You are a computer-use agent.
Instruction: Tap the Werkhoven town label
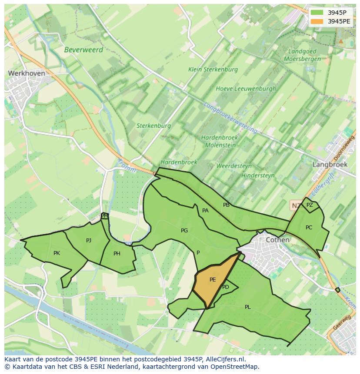coord(27,74)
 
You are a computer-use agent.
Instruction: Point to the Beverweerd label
coord(83,50)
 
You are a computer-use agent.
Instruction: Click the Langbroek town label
coord(330,165)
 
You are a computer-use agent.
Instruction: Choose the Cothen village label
coord(277,240)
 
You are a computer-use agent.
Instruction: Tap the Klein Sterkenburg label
coord(213,70)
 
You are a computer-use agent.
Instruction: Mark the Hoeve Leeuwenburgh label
coord(246,89)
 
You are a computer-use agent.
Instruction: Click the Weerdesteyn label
coord(234,166)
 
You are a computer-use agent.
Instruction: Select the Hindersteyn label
coord(258,175)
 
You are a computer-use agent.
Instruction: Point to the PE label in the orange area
coord(213,280)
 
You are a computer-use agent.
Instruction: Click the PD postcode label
coord(226,287)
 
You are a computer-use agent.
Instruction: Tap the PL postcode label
coord(248,307)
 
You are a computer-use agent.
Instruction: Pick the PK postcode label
coord(57,253)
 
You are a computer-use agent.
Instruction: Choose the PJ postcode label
coord(89,240)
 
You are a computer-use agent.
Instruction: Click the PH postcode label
coord(117,254)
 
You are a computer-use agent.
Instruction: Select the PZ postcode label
coord(310,205)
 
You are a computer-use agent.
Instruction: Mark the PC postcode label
coord(309,227)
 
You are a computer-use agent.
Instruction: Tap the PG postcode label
coord(184,231)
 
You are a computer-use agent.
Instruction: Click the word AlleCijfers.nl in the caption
coord(223,360)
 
